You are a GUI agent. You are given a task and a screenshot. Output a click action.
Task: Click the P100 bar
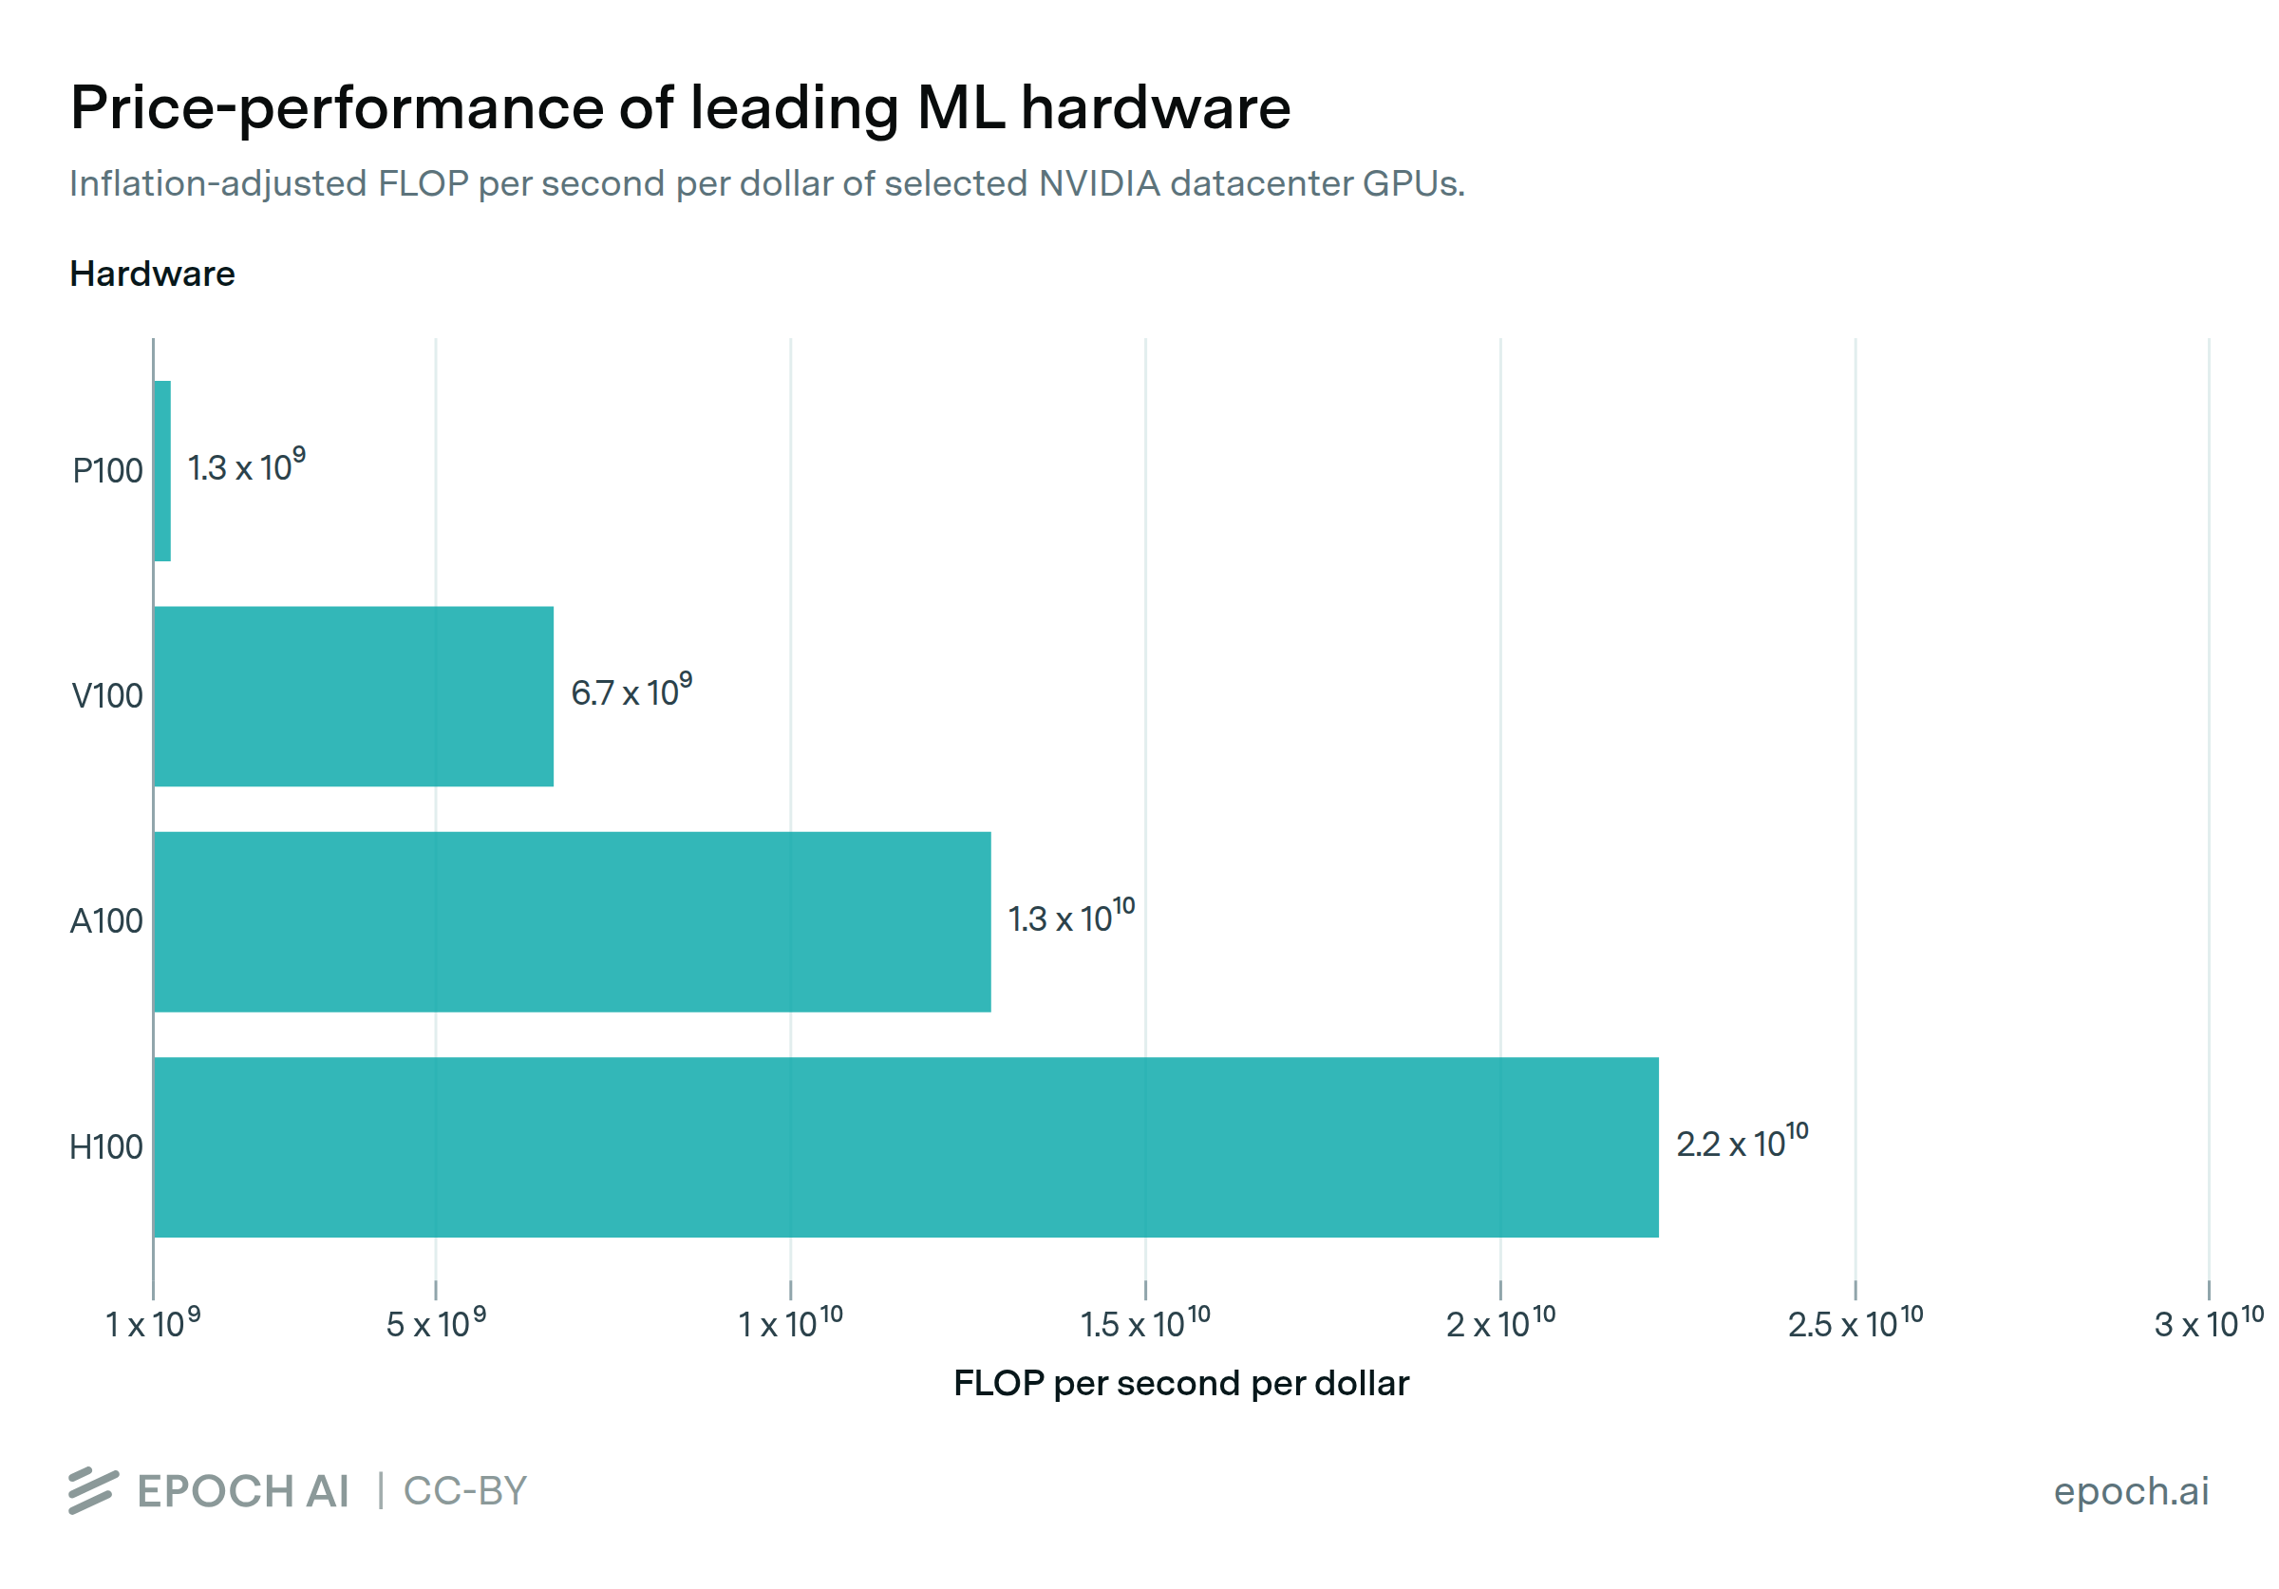pos(161,470)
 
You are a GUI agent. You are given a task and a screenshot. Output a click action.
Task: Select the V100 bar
pos(353,696)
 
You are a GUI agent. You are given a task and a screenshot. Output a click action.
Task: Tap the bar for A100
pos(572,921)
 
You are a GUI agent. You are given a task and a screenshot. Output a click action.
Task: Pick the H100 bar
pos(905,1146)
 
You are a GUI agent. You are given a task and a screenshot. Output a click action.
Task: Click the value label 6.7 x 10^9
pos(631,690)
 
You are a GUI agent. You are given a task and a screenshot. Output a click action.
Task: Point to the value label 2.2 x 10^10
pos(1741,1142)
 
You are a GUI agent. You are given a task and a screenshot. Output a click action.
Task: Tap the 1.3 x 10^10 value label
pos(1071,917)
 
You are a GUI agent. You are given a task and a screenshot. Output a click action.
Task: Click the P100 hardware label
pos(107,470)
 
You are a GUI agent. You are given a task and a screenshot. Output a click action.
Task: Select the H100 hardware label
pos(105,1147)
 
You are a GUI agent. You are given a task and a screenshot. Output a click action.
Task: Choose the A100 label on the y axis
pos(106,921)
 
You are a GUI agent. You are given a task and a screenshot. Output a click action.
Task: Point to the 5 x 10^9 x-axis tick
pos(436,1323)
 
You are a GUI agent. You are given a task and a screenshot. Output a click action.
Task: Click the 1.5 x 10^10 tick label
pos(1144,1323)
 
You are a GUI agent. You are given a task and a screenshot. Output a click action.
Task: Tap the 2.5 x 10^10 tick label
pos(1855,1323)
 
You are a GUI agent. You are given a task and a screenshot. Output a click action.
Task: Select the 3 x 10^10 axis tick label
pos(2208,1323)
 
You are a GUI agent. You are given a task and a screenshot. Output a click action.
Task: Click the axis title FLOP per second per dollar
pos(1180,1383)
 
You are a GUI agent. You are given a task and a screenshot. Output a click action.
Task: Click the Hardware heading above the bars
pos(152,274)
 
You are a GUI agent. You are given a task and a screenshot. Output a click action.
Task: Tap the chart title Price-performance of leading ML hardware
pos(680,107)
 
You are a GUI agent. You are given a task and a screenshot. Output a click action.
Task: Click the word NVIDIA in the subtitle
pos(1099,183)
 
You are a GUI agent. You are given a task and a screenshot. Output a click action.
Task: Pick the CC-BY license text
pos(464,1491)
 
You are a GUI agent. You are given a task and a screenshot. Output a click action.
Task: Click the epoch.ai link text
pos(2130,1491)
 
